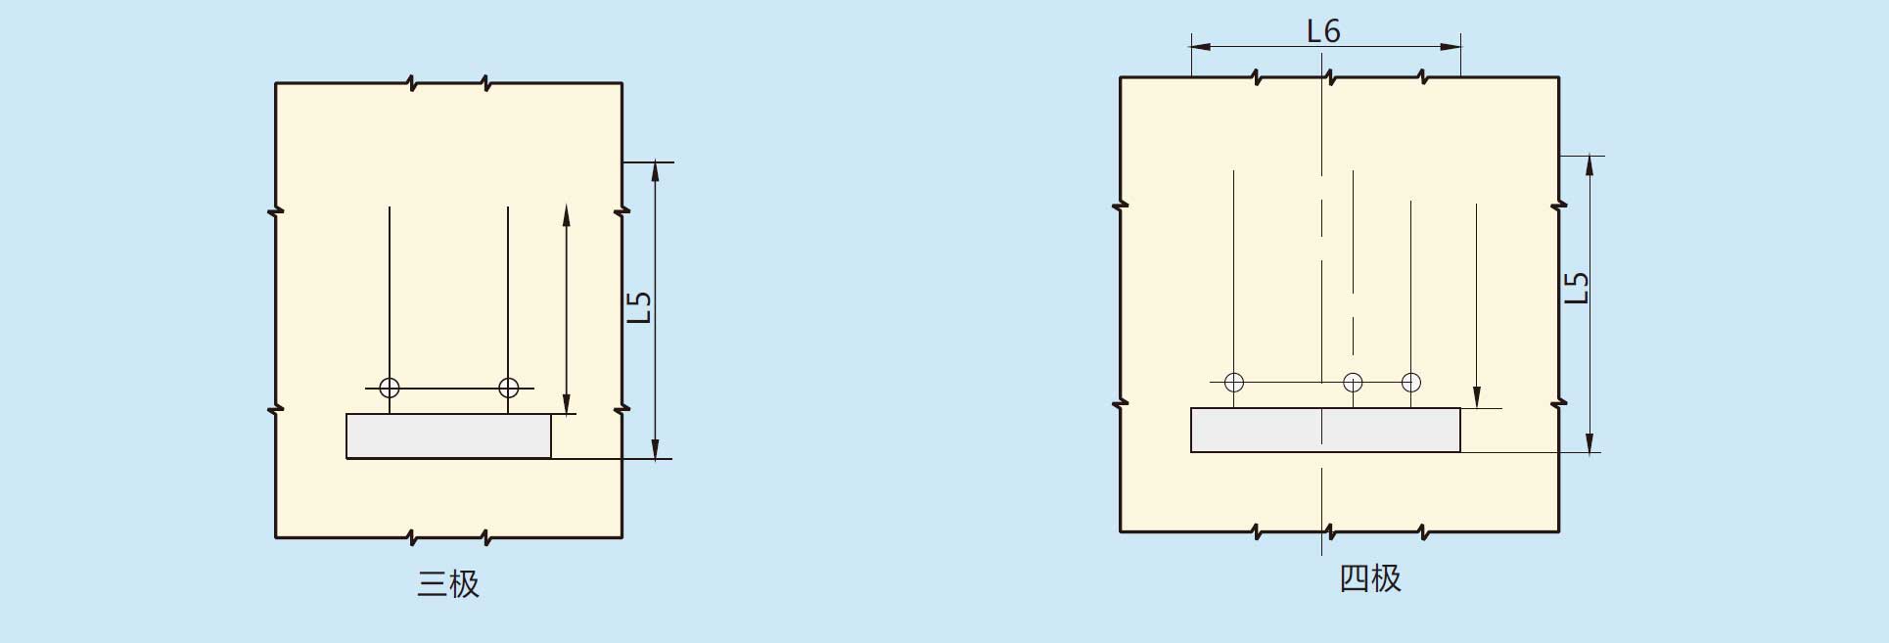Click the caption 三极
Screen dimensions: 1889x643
pyautogui.click(x=448, y=584)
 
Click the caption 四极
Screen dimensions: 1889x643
pyautogui.click(x=1370, y=578)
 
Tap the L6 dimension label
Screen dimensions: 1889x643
pyautogui.click(x=1323, y=31)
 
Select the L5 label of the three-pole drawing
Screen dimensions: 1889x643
pyautogui.click(x=638, y=307)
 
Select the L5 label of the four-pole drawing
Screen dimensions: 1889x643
pyautogui.click(x=1576, y=287)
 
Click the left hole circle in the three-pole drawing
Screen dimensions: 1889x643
pyautogui.click(x=390, y=388)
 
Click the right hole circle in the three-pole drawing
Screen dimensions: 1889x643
pyautogui.click(x=508, y=388)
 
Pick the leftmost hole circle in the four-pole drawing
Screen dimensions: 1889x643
pyautogui.click(x=1234, y=382)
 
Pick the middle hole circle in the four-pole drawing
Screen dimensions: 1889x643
pyautogui.click(x=1353, y=382)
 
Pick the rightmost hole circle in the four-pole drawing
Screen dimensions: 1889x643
pyautogui.click(x=1410, y=382)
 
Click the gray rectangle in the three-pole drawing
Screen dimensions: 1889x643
pyautogui.click(x=448, y=436)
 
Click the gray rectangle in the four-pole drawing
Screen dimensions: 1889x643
pyautogui.click(x=1325, y=430)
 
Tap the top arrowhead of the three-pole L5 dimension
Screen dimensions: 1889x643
pyautogui.click(x=656, y=171)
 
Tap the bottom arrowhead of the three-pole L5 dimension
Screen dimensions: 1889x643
pyautogui.click(x=656, y=448)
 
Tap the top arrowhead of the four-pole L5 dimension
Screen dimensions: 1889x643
pyautogui.click(x=1590, y=165)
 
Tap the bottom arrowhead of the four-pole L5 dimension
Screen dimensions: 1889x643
pyautogui.click(x=1590, y=442)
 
